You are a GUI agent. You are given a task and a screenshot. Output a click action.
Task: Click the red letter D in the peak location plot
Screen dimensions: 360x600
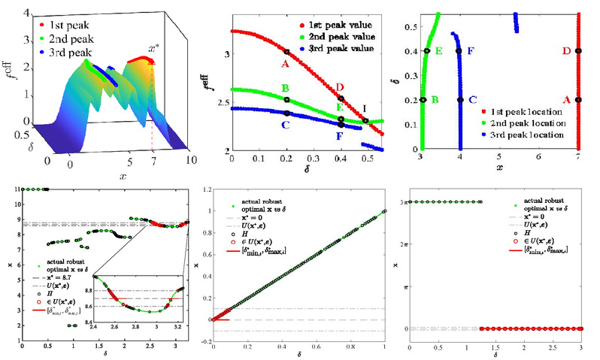(566, 51)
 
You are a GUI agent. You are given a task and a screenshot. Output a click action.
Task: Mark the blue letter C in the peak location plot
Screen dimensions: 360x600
(471, 99)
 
